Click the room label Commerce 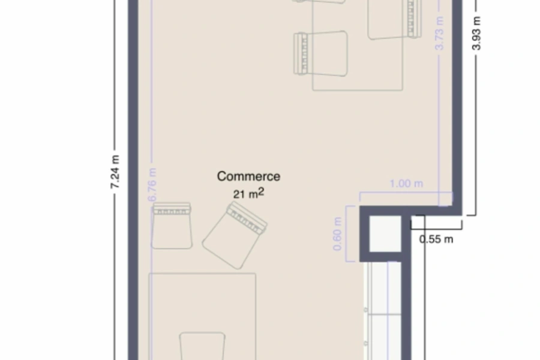(248, 176)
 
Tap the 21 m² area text (248, 193)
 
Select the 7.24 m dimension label (115, 172)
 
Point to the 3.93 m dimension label (476, 34)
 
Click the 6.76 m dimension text (152, 185)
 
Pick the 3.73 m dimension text (439, 34)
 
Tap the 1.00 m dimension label (406, 184)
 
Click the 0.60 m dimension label (337, 234)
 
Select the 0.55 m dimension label (436, 239)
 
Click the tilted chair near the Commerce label (235, 235)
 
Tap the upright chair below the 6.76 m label (172, 226)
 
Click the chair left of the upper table (320, 53)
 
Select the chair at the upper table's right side (395, 19)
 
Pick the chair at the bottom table (203, 346)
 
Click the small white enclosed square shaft (385, 234)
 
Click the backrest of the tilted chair (247, 217)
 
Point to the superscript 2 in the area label (261, 191)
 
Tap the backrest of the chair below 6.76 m (172, 208)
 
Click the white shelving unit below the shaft (383, 311)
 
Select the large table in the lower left (203, 317)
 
